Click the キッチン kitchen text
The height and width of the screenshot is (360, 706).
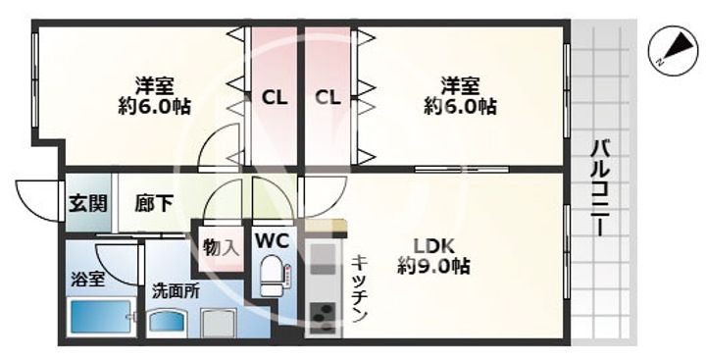pos(360,288)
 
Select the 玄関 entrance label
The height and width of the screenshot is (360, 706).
pos(87,205)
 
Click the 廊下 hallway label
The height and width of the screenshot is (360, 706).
pos(154,205)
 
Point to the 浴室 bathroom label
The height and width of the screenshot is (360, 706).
pos(86,280)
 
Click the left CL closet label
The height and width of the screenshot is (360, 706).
pos(274,97)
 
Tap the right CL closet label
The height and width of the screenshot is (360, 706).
pos(328,97)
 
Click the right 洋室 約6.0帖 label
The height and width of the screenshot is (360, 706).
pos(459,95)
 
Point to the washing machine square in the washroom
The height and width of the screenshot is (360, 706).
pos(219,323)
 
